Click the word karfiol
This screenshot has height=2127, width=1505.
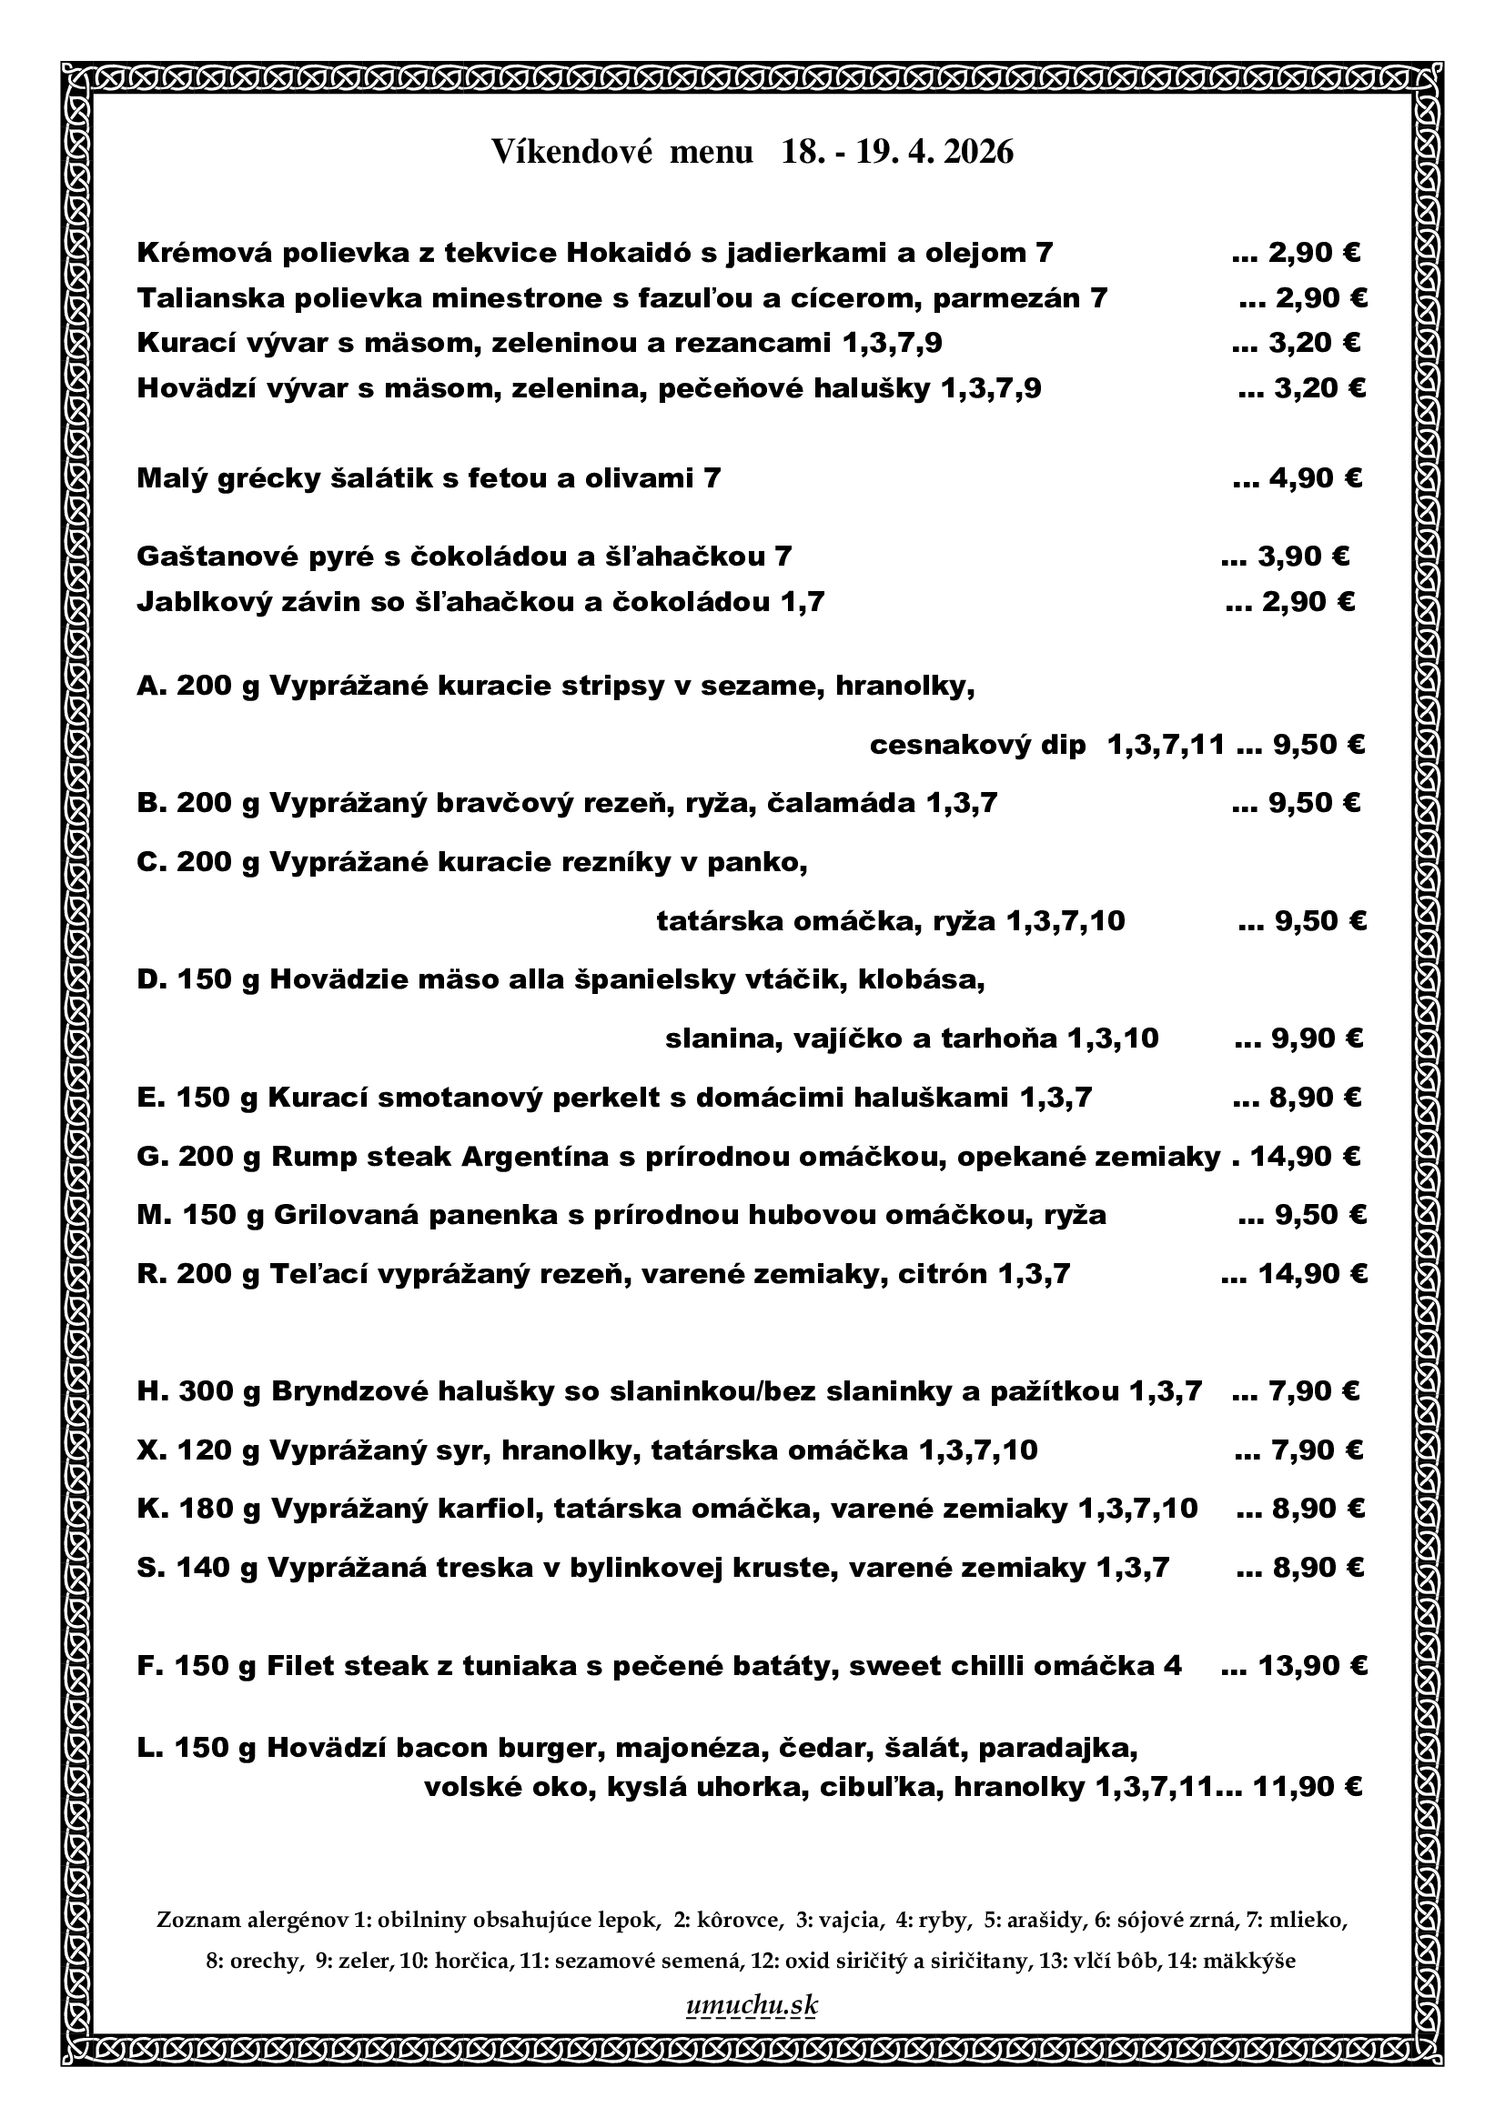pyautogui.click(x=487, y=1510)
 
